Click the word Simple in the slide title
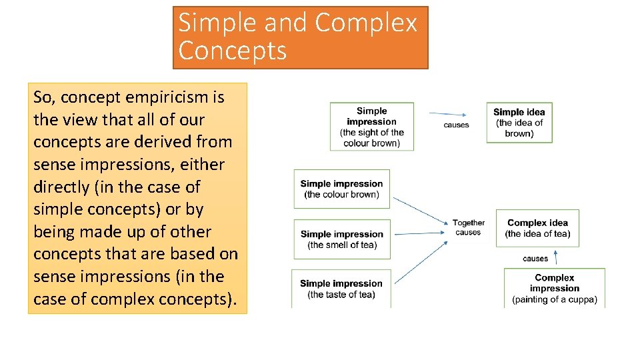coord(217,23)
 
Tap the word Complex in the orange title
coord(365,23)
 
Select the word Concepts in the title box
coord(233,51)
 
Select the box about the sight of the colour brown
coord(371,127)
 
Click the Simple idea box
coord(519,123)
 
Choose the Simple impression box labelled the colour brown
coord(341,189)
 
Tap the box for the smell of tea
coord(341,239)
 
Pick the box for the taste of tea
coord(341,289)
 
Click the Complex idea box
coord(537,228)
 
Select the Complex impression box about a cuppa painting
coord(554,288)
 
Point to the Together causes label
coord(468,227)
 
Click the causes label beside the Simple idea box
coord(456,125)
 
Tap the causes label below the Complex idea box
coord(535,258)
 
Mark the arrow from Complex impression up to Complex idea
coord(555,258)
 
